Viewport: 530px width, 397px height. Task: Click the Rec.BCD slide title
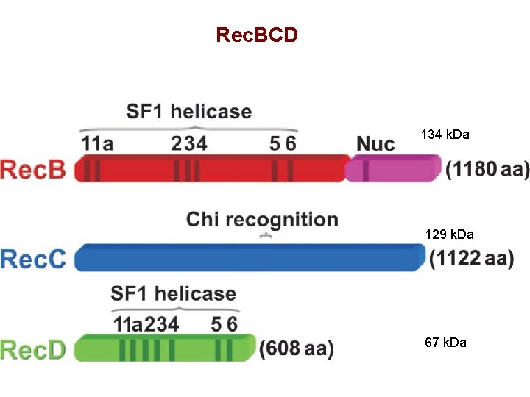(257, 35)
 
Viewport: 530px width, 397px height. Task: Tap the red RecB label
(33, 170)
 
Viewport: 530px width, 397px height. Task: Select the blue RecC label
(33, 259)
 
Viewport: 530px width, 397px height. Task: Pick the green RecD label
(33, 349)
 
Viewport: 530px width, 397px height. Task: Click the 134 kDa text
(445, 135)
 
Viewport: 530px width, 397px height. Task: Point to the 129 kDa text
(449, 235)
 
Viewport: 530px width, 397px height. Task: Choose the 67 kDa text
(445, 343)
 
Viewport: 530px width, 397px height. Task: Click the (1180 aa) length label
(487, 170)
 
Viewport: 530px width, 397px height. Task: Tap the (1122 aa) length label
(471, 259)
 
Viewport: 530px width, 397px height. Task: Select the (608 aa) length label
(297, 348)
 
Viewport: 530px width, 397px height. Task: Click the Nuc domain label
(375, 143)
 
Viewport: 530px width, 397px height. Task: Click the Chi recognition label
(262, 219)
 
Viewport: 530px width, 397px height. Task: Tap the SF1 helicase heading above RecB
(189, 112)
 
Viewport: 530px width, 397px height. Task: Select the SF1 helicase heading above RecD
(174, 294)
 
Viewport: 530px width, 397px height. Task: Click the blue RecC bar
(250, 257)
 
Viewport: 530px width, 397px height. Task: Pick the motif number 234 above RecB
(188, 143)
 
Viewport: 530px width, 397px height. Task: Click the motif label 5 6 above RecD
(224, 323)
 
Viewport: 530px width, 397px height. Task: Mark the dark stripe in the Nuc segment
(366, 170)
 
